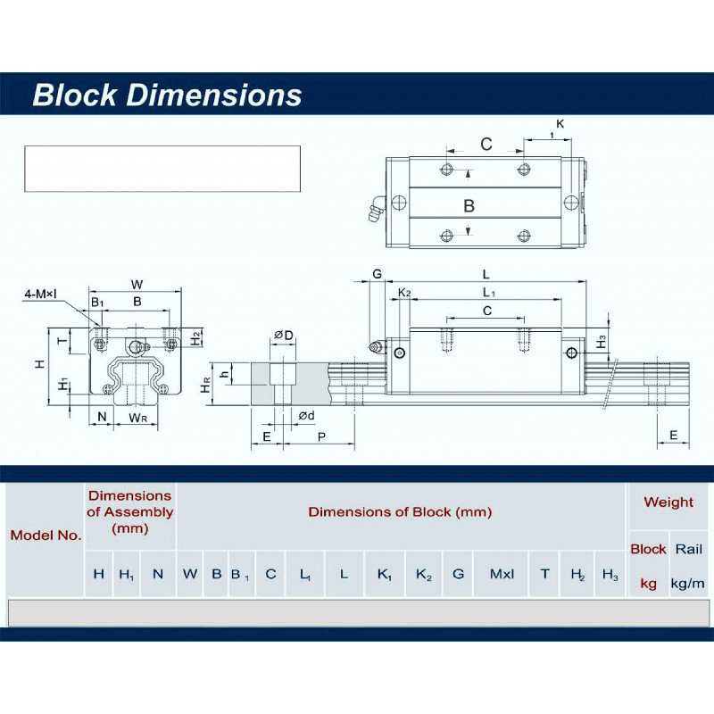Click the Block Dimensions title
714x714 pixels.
tap(167, 95)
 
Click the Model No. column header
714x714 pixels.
tap(46, 535)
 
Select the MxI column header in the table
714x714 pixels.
tap(502, 574)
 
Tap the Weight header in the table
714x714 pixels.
tap(668, 502)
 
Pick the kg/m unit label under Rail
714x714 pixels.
tap(687, 584)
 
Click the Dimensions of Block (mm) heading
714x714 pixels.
tap(400, 511)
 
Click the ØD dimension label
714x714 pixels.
tap(284, 335)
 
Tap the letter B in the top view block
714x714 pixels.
tap(469, 205)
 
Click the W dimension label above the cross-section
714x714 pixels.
tap(137, 285)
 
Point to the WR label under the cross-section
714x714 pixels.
tap(137, 417)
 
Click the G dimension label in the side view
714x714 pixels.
tap(377, 274)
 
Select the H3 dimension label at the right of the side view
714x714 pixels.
tap(602, 340)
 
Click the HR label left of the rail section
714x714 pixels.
tap(206, 386)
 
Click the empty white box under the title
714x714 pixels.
tap(162, 168)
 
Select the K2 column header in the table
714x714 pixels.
tap(424, 574)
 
